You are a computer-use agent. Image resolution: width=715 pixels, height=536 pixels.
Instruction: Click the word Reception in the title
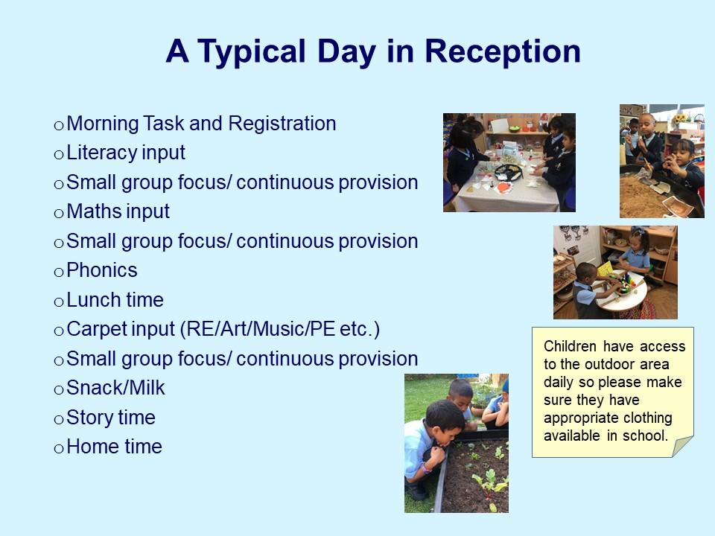(503, 51)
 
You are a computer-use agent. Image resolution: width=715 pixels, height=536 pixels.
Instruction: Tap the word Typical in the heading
(252, 52)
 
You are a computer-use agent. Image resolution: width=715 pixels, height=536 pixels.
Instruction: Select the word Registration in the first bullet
(282, 124)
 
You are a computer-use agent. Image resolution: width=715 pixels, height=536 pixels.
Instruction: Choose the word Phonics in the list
(102, 270)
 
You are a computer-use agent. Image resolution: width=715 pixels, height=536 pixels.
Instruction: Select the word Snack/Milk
(115, 388)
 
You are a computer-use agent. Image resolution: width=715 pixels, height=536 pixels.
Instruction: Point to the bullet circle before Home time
(58, 449)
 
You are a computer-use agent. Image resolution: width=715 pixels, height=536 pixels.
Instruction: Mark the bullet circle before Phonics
(58, 272)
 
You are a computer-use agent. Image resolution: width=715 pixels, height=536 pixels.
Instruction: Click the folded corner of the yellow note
(682, 446)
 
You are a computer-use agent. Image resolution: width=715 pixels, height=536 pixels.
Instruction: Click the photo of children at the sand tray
(661, 161)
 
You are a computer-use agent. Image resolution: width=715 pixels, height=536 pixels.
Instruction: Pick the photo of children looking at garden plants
(457, 443)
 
